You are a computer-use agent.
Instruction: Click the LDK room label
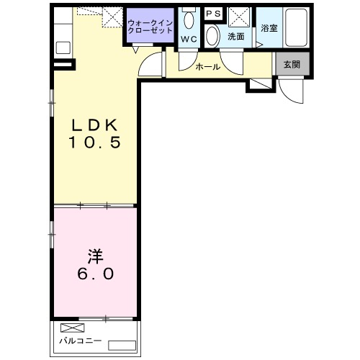[95, 125]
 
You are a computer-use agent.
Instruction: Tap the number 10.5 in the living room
[95, 142]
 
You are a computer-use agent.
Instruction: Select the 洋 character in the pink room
[95, 256]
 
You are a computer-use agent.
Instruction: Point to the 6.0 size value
[95, 274]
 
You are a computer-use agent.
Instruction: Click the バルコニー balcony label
[81, 341]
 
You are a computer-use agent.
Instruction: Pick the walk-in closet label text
[150, 27]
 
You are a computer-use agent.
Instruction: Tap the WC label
[189, 39]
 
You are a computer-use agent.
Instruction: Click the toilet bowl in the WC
[189, 20]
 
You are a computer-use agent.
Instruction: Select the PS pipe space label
[213, 14]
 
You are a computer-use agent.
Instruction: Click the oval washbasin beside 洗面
[212, 36]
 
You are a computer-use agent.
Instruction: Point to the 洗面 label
[236, 37]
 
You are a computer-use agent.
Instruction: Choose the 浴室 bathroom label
[269, 28]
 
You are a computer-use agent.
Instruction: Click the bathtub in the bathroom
[296, 27]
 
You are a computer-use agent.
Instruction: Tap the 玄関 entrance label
[292, 64]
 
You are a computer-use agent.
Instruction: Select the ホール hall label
[208, 67]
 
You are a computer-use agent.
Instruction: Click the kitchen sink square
[63, 48]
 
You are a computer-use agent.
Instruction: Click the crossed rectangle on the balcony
[73, 328]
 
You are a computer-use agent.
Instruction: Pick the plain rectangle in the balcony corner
[122, 346]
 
